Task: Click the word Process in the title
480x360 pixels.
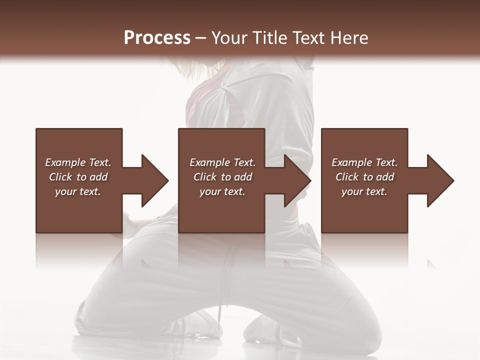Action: (x=157, y=38)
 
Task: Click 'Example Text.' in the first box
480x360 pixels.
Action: (x=78, y=162)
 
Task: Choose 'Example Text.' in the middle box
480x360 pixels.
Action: (x=222, y=162)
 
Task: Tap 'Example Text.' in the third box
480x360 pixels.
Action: (x=364, y=162)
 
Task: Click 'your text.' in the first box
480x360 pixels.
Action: (x=78, y=191)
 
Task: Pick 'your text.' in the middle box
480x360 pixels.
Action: (x=222, y=191)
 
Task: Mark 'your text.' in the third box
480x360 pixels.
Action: (x=364, y=191)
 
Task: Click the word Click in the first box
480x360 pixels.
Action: (x=60, y=177)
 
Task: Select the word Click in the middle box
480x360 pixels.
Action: (x=205, y=177)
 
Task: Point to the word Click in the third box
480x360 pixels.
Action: (x=347, y=177)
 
